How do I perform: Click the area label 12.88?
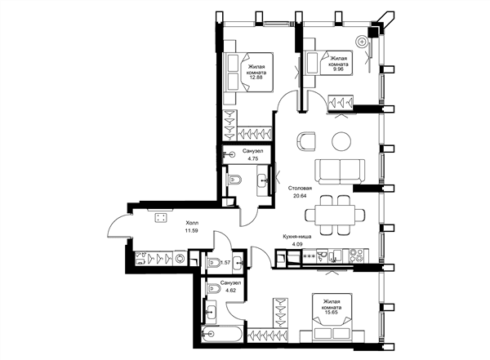tap(256, 78)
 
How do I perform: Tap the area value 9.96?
tap(338, 69)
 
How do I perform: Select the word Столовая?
tap(300, 189)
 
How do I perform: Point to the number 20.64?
tap(300, 196)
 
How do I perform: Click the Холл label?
tap(192, 223)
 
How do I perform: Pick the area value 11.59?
tap(192, 231)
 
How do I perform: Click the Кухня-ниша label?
tap(297, 237)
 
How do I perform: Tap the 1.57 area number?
tap(225, 263)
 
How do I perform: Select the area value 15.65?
tap(332, 313)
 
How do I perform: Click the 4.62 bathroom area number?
tap(230, 291)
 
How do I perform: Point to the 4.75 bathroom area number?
tap(253, 158)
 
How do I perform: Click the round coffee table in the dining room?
tap(342, 141)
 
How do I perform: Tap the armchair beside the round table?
tap(305, 141)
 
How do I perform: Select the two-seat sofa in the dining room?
tap(340, 171)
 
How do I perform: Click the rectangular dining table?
tap(335, 215)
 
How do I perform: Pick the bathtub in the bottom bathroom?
tap(221, 334)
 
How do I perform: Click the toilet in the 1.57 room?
tap(214, 263)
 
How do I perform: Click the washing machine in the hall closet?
tap(180, 259)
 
